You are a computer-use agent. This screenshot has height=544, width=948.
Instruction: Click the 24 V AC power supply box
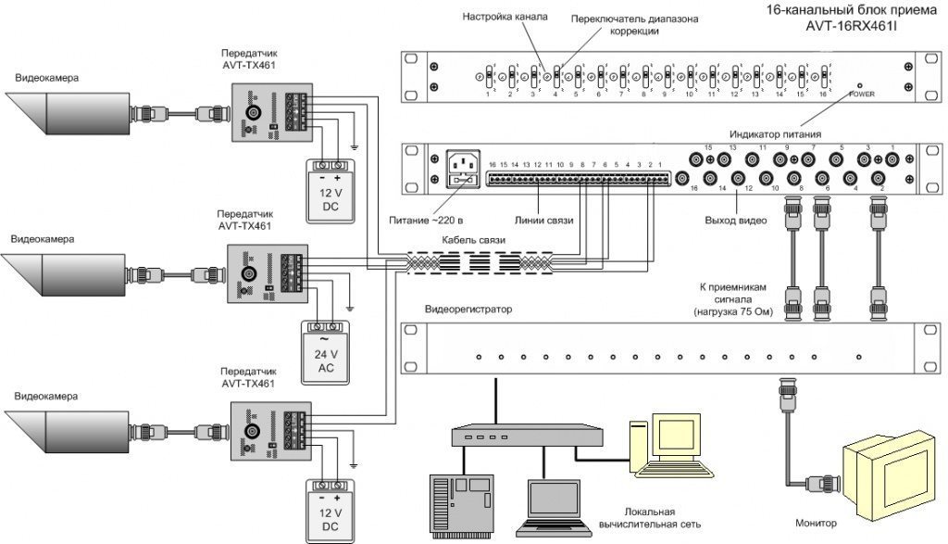(x=325, y=352)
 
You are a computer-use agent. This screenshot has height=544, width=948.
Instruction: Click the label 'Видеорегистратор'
(x=468, y=309)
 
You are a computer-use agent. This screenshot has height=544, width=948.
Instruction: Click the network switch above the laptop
(x=489, y=436)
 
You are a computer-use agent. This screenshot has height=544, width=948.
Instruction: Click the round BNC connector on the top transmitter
(x=253, y=113)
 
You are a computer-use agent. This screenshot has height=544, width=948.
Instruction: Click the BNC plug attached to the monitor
(x=818, y=482)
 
